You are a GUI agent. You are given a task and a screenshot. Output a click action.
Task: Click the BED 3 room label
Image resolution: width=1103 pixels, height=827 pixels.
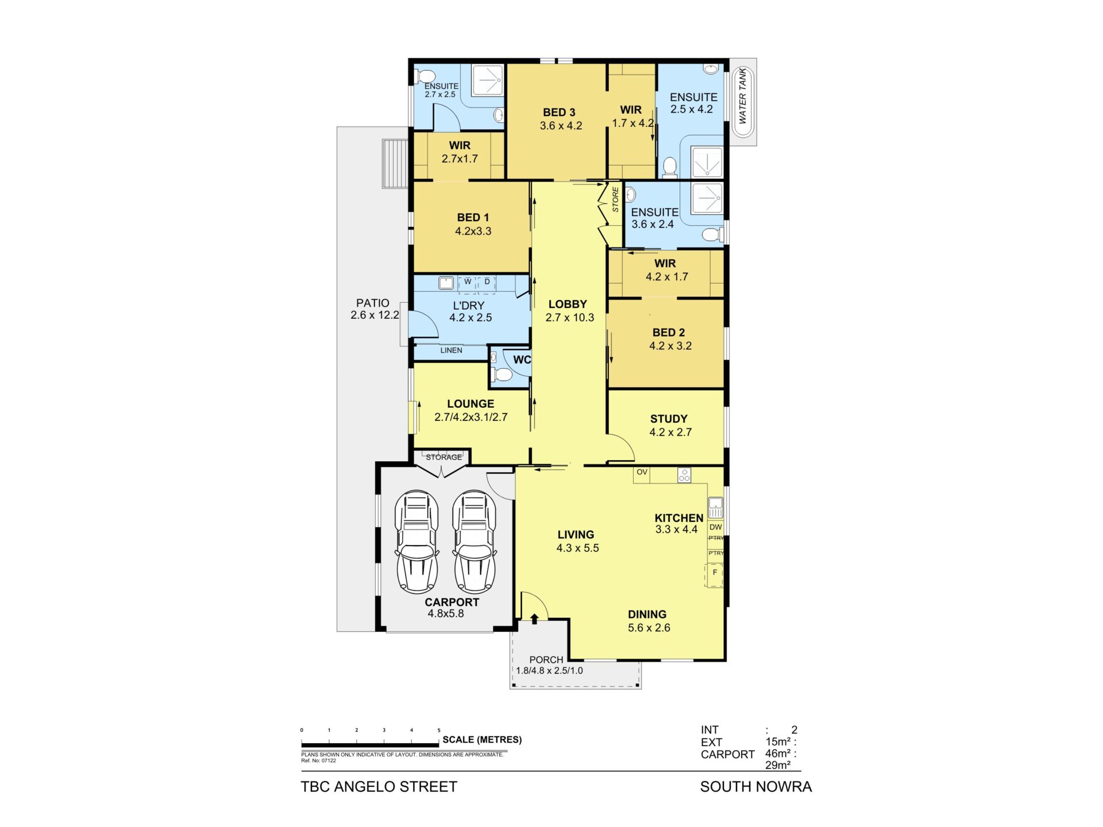559,113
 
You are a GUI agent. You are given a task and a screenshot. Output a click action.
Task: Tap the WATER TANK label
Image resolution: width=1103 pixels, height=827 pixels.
742,96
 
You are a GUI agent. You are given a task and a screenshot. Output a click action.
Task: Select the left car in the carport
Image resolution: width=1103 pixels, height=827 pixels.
416,542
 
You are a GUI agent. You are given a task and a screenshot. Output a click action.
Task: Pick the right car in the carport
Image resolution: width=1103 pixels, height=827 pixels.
475,542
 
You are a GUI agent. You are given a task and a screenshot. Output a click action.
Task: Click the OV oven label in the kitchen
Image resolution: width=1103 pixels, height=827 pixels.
642,472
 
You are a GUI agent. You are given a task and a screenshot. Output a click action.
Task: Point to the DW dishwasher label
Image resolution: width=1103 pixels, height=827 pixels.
715,527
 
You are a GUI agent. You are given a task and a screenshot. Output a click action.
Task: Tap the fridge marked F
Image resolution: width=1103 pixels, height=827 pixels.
715,573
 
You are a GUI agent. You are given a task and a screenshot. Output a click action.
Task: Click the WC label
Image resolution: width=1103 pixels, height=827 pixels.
522,360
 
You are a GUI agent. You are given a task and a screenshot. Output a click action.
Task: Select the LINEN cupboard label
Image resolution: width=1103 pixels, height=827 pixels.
451,350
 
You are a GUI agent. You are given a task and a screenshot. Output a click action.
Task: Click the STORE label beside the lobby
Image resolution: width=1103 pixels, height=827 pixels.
615,199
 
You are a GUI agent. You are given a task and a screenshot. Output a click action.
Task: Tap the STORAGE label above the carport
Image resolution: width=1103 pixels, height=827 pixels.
444,457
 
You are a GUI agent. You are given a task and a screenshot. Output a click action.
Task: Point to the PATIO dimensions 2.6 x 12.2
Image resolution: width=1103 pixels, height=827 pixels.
375,315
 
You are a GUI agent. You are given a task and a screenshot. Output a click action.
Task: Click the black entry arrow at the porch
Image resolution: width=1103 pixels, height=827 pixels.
535,619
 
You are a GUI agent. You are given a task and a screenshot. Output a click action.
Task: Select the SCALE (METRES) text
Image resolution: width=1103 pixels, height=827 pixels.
482,740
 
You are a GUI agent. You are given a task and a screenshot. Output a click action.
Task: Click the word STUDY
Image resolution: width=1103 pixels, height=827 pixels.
669,419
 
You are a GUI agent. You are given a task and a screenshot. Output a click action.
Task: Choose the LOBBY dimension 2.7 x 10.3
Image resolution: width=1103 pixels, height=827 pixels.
570,318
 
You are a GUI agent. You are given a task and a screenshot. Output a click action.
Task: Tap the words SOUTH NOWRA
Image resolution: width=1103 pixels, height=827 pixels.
756,787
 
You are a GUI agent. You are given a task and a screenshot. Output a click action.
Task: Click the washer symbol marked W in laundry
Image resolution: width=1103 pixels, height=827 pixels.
468,283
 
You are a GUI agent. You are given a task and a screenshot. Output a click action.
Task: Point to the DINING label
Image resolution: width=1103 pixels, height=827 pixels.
647,615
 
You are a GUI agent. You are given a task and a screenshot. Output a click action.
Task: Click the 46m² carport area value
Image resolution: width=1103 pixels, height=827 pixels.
778,753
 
